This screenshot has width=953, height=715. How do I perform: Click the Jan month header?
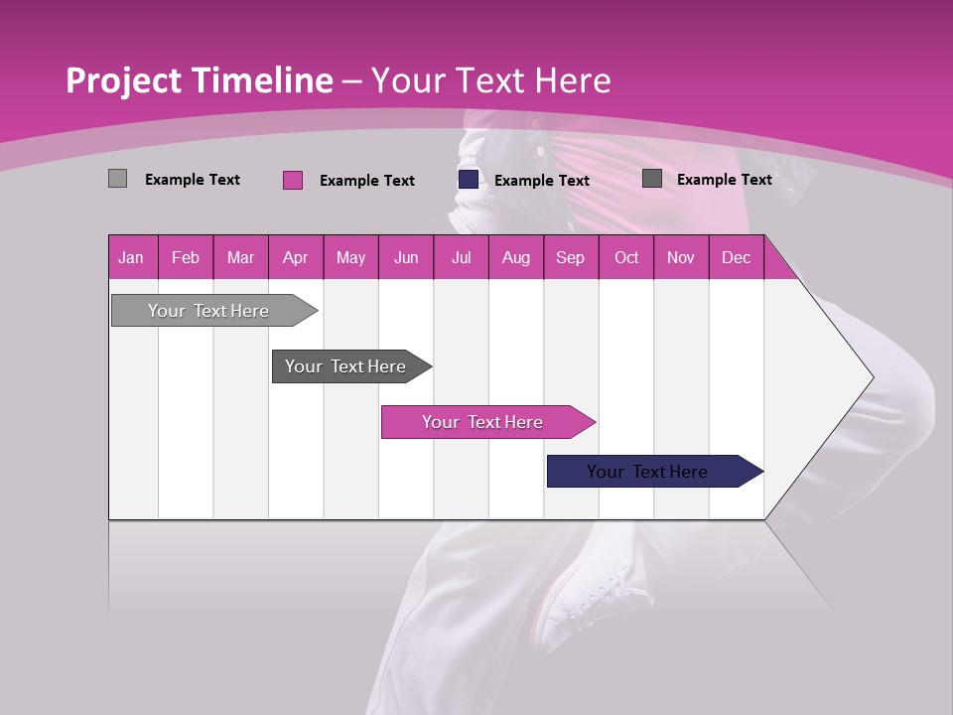[131, 258]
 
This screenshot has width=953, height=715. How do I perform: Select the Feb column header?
[186, 258]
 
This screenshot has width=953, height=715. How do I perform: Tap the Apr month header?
[295, 258]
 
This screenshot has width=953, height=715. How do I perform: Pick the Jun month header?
[406, 258]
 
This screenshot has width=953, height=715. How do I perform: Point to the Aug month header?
[515, 258]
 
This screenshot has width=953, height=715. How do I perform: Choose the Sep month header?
[570, 258]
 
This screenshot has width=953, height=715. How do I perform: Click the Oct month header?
[626, 258]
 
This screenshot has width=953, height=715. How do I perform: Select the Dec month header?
[736, 258]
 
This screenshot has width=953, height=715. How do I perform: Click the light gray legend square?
[117, 179]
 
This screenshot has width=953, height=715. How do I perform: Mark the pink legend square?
[293, 180]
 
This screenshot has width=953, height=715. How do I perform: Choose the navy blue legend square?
[469, 179]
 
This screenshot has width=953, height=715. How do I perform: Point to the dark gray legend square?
[652, 179]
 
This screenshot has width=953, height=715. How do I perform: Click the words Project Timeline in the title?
[199, 80]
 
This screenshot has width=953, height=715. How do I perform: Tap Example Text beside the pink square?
[366, 181]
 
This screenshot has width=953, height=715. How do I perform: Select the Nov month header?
[681, 258]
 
